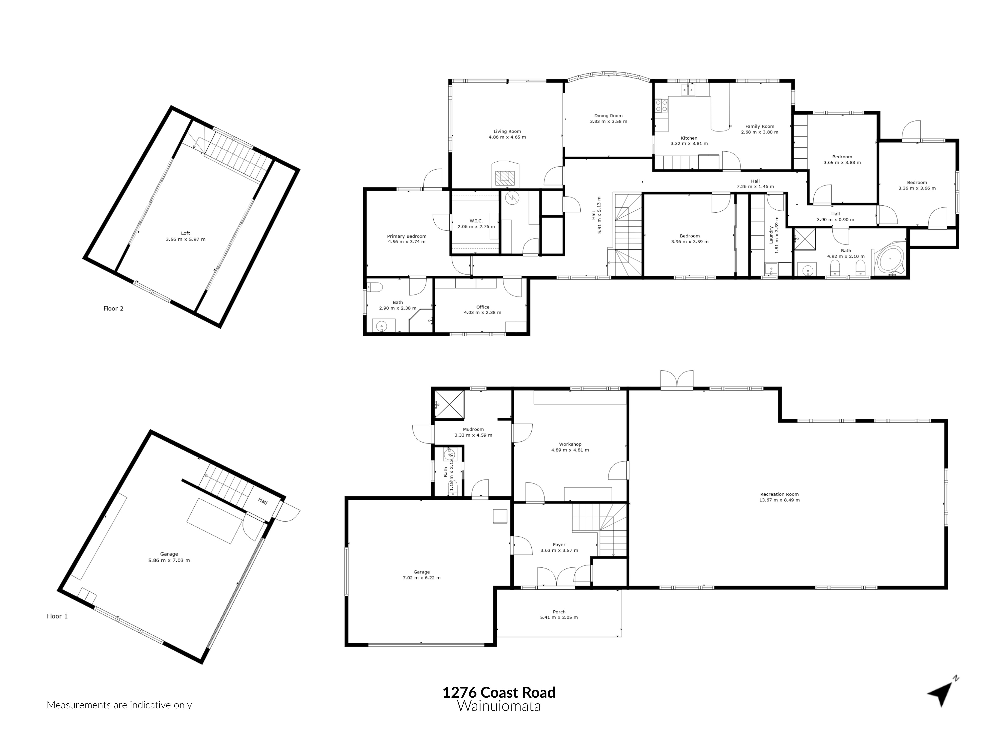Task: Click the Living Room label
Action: pyautogui.click(x=507, y=131)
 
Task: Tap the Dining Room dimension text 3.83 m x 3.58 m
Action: pyautogui.click(x=608, y=121)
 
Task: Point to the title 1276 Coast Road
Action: pyautogui.click(x=499, y=692)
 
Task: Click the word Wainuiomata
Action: pyautogui.click(x=499, y=706)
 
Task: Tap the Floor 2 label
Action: pyautogui.click(x=113, y=308)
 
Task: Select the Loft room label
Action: pyautogui.click(x=185, y=233)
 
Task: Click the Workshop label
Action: pyautogui.click(x=570, y=444)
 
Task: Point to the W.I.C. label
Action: pyautogui.click(x=476, y=220)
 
